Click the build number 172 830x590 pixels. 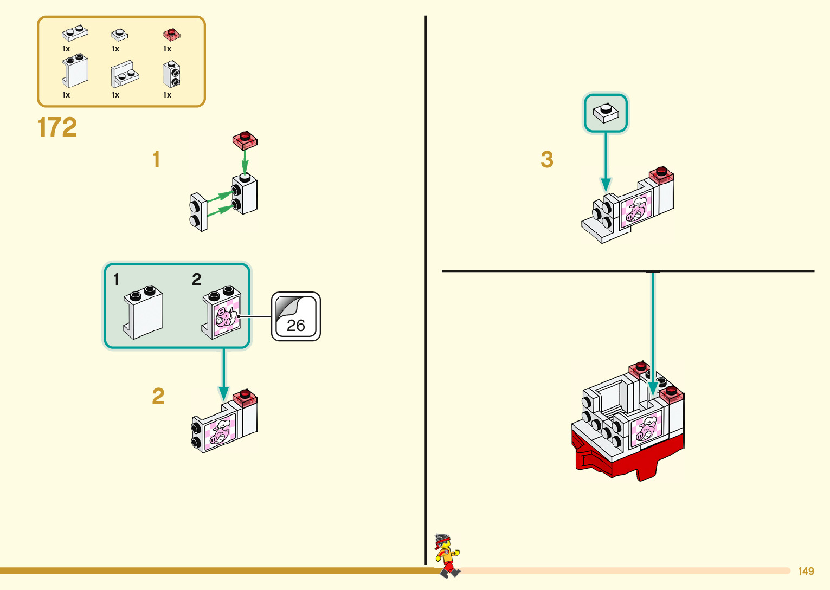pyautogui.click(x=57, y=128)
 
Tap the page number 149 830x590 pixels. pyautogui.click(x=806, y=571)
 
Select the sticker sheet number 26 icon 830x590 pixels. pyautogui.click(x=295, y=317)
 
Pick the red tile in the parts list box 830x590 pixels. pyautogui.click(x=171, y=35)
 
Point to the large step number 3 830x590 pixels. pyautogui.click(x=547, y=160)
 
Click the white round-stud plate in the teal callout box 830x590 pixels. pyautogui.click(x=606, y=113)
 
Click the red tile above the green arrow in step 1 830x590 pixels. pyautogui.click(x=245, y=140)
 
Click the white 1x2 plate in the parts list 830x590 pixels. pyautogui.click(x=75, y=33)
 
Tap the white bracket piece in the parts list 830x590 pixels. pyautogui.click(x=125, y=74)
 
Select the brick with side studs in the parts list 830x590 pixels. pyautogui.click(x=172, y=74)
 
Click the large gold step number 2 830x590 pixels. pyautogui.click(x=158, y=397)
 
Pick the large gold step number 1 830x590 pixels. pyautogui.click(x=156, y=160)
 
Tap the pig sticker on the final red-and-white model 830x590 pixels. pyautogui.click(x=646, y=427)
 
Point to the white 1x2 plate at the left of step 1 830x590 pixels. pyautogui.click(x=198, y=212)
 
